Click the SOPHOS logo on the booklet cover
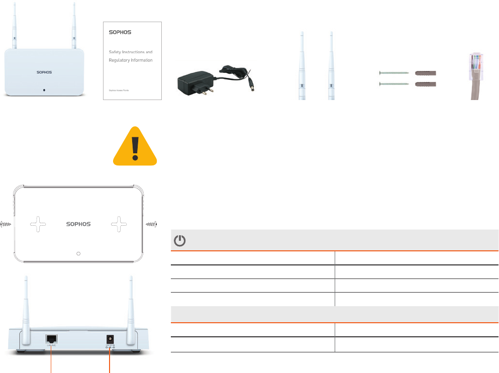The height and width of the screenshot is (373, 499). coord(120,32)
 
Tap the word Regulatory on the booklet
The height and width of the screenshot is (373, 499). coord(121,60)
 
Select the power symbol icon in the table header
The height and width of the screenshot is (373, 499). coord(179,241)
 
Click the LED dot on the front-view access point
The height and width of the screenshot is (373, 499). coord(44,90)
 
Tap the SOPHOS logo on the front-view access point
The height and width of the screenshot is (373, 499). coord(44,72)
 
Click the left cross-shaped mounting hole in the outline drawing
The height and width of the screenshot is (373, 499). coord(38,224)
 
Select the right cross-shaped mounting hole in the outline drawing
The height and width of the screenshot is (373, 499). coord(119,224)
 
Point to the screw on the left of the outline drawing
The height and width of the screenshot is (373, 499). coord(6,224)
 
